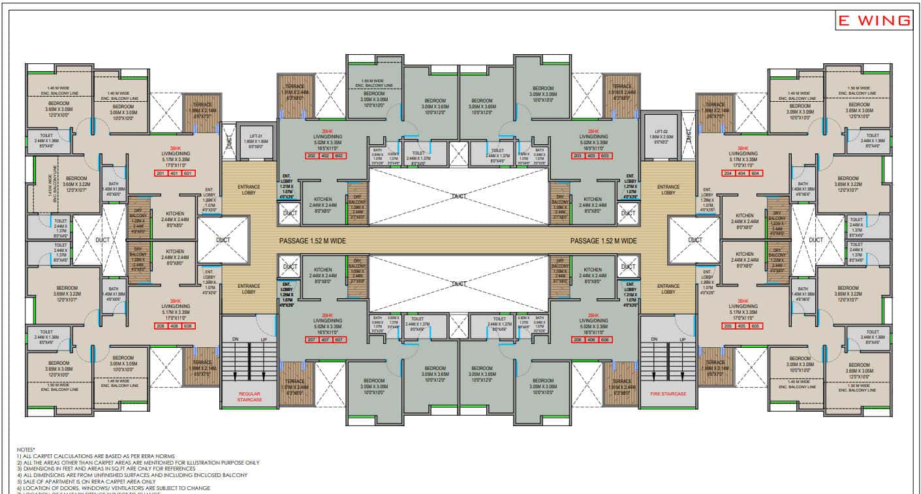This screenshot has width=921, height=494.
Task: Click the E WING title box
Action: click(874, 21)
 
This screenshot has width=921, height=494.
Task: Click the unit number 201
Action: click(161, 173)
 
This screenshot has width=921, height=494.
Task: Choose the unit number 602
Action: click(337, 156)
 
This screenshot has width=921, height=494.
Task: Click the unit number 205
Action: click(728, 326)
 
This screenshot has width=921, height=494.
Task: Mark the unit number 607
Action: click(337, 339)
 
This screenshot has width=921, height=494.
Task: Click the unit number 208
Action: click(161, 326)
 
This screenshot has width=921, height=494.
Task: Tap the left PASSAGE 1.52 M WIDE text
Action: click(313, 241)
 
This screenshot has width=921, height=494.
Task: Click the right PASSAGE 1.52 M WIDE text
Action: click(603, 241)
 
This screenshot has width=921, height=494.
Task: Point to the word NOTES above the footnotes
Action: click(27, 450)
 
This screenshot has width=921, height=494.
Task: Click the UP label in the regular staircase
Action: click(264, 339)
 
